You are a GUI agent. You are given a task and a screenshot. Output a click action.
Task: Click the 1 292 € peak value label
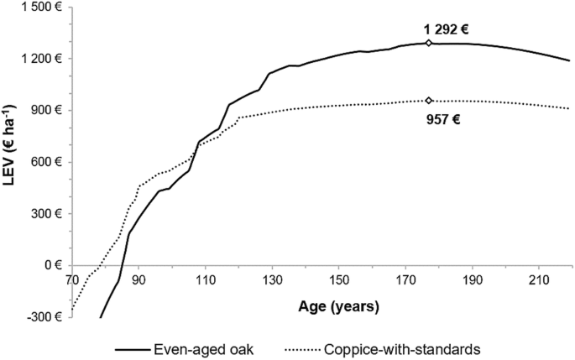440,29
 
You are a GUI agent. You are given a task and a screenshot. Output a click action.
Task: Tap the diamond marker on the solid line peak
429,43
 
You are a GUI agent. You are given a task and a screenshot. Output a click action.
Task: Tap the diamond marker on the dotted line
429,101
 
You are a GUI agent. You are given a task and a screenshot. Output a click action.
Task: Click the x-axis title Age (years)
339,306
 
